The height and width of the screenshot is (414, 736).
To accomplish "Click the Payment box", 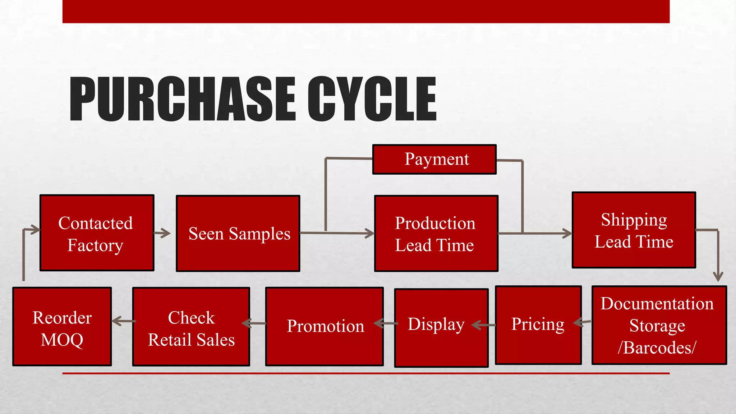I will pos(434,160).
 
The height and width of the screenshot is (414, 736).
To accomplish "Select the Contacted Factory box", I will pos(97,233).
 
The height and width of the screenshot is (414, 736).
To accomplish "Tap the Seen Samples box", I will pos(238,234).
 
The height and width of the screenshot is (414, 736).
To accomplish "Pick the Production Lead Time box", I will pos(436,234).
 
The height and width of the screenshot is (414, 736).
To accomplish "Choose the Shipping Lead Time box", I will pos(634,230).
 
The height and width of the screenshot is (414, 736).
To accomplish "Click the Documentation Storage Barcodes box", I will pos(659,325).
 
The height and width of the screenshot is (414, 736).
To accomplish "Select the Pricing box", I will pos(538,325).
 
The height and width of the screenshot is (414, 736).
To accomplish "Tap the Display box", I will pos(441,328).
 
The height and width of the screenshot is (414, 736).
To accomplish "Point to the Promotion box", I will pos(324,327).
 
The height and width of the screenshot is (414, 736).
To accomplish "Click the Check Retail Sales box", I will pos(191,327).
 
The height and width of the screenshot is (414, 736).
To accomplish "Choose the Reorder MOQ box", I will pos(62,327).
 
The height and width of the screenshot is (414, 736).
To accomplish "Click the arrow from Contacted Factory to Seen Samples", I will pos(162,233).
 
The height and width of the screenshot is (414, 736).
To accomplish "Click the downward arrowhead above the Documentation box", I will pos(718,277).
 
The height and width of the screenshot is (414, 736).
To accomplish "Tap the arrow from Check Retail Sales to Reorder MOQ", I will pos(122,321).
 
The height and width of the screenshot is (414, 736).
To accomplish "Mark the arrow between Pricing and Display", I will pos(483,325).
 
